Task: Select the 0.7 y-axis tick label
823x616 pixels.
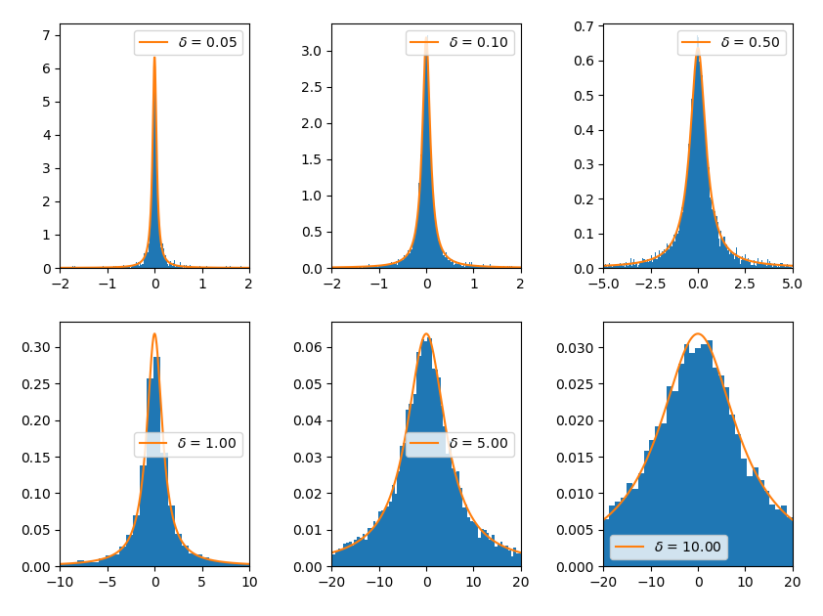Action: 585,26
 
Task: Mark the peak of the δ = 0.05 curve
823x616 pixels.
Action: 154,57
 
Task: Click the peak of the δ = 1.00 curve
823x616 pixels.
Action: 154,334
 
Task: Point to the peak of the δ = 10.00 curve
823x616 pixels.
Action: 698,334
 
